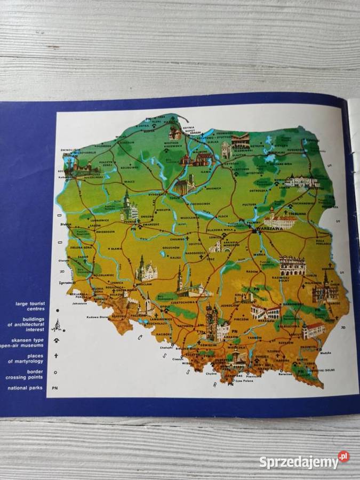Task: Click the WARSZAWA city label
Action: click(x=268, y=228)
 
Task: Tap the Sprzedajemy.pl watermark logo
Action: click(x=305, y=460)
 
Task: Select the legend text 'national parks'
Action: click(x=26, y=388)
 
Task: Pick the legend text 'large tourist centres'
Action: click(x=29, y=306)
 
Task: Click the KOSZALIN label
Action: click(x=126, y=143)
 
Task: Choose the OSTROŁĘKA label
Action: click(x=258, y=190)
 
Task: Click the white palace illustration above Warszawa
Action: click(x=278, y=219)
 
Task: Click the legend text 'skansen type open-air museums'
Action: click(x=29, y=342)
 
